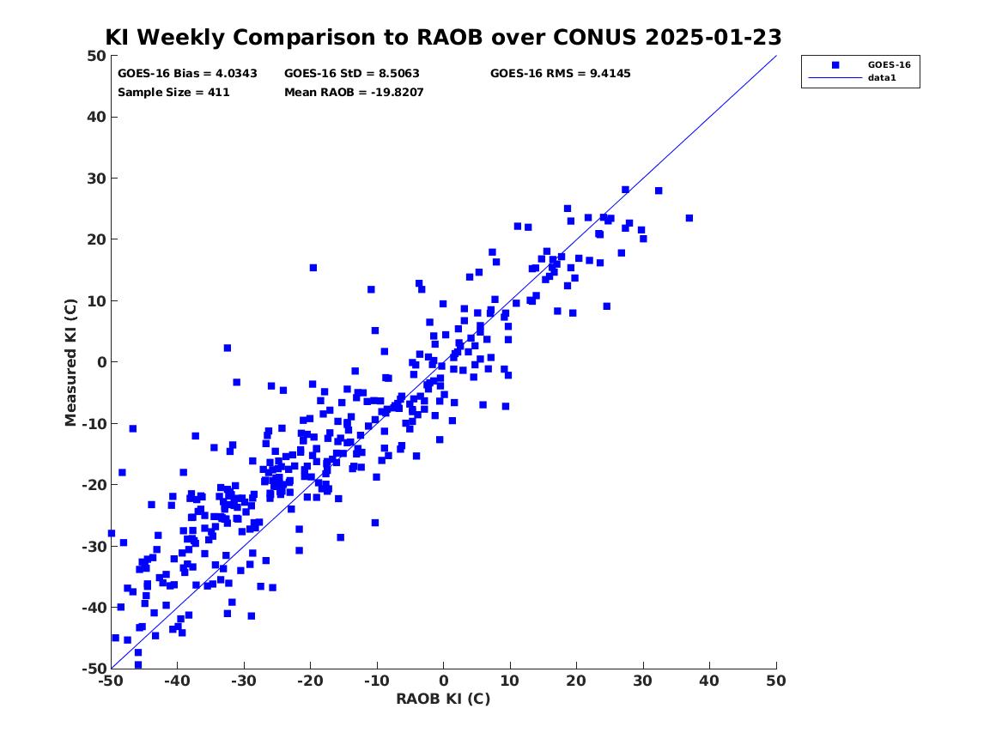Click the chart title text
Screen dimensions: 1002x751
[x=443, y=37]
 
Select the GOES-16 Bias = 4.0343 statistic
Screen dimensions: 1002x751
[x=187, y=74]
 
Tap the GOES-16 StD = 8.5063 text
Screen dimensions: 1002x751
[x=351, y=74]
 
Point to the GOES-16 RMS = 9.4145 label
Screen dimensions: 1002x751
[x=561, y=74]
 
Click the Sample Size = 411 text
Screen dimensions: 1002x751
[x=173, y=93]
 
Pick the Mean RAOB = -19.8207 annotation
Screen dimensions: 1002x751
[x=354, y=93]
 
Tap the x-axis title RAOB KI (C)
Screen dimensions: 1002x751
[x=443, y=699]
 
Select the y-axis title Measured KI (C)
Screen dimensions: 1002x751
[x=70, y=362]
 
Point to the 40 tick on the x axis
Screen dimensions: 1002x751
[x=709, y=681]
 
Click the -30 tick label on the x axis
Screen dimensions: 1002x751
[x=243, y=681]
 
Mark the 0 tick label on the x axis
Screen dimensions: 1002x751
[x=444, y=681]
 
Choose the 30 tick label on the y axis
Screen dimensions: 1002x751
[x=96, y=179]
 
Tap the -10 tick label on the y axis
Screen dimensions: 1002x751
[x=94, y=423]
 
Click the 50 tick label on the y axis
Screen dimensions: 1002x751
[x=96, y=56]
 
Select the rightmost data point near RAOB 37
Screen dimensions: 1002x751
[x=689, y=218]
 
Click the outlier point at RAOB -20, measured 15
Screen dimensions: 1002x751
[x=313, y=268]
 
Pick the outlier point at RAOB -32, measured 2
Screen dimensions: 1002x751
[x=227, y=348]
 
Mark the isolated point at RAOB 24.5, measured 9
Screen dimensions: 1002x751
[x=606, y=306]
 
